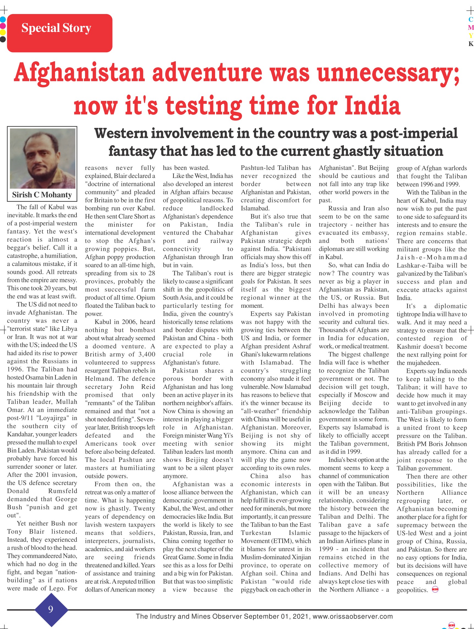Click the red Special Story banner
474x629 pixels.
click(x=59, y=33)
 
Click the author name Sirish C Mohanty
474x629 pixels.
click(x=42, y=195)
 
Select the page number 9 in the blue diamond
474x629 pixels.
click(x=51, y=609)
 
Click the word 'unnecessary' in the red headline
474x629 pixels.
click(x=388, y=73)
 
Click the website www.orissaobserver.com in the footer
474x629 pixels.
click(x=352, y=617)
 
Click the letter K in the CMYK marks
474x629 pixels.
click(x=471, y=44)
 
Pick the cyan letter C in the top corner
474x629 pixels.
click(x=471, y=20)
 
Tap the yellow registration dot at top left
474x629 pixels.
click(x=3, y=32)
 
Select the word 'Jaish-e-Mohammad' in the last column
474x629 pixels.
click(x=432, y=257)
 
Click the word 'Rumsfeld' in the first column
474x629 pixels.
click(x=63, y=491)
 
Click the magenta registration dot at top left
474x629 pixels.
click(x=3, y=26)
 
